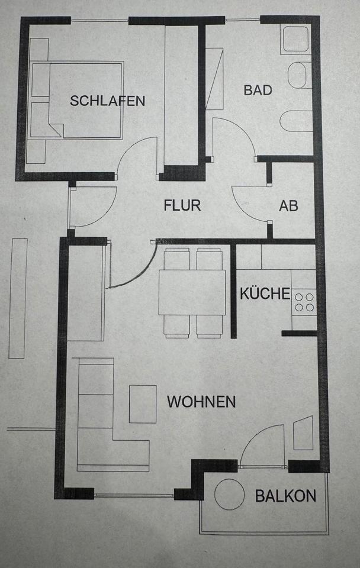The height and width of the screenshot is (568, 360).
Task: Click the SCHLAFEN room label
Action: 107,101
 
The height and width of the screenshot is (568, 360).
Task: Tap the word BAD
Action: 258,90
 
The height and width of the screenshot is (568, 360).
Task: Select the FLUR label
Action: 182,206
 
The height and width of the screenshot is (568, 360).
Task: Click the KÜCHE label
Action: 265,293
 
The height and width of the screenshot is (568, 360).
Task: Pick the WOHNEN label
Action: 201,402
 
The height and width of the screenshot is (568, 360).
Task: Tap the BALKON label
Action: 285,496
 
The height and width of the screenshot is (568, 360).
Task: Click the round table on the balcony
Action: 229,493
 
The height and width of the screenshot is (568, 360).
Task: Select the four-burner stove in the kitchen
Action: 304,302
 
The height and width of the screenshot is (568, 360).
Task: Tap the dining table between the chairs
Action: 192,292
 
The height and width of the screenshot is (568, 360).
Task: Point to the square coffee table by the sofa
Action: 143,404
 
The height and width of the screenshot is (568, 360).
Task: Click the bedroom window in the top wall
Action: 99,21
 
